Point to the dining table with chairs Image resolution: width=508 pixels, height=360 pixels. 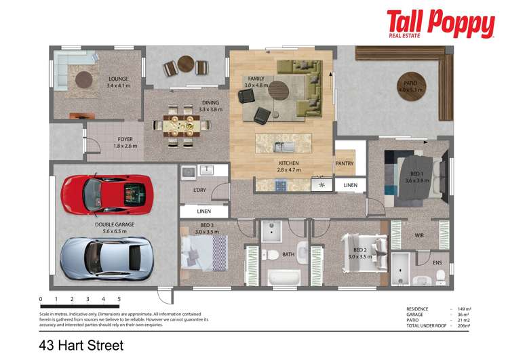(x=180, y=124)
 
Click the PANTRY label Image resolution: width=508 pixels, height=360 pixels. (x=345, y=163)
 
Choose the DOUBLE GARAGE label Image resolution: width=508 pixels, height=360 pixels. (x=115, y=224)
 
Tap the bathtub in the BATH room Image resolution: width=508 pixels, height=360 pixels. (x=283, y=278)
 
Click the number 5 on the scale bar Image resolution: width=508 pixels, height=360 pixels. (x=119, y=298)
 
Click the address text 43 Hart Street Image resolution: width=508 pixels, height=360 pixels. (x=82, y=346)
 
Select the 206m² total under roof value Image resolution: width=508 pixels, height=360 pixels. (x=463, y=327)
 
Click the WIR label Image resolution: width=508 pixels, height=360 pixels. (x=419, y=235)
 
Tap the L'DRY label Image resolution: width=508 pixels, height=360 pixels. (x=199, y=190)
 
